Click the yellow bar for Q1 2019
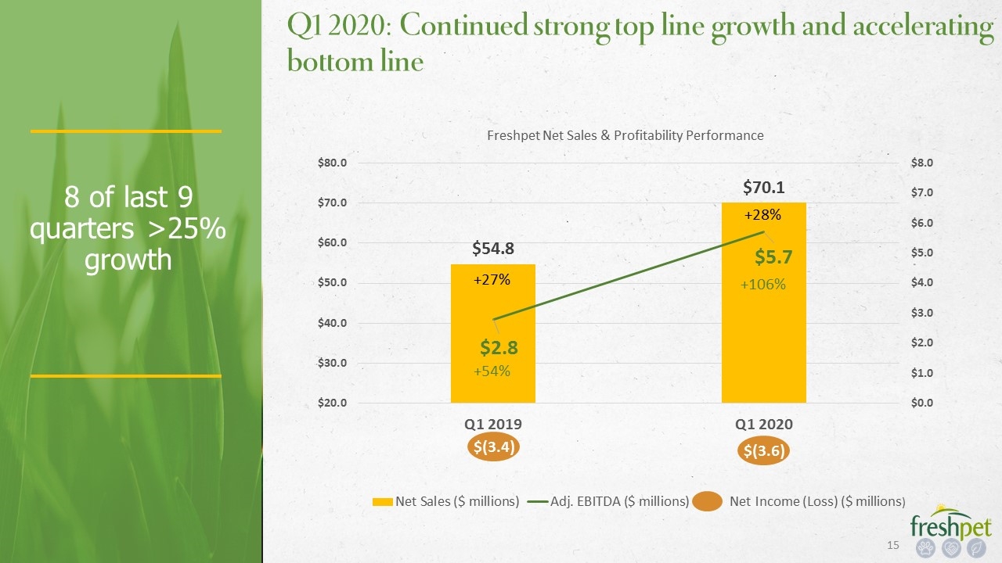coord(492,333)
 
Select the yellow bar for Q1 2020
coord(763,303)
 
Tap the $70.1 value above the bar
coord(763,188)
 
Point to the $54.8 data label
coord(493,249)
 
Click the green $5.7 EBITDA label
coord(773,257)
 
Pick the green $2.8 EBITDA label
coord(499,348)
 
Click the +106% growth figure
coord(762,285)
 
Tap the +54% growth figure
coord(492,371)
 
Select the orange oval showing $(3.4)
coord(493,446)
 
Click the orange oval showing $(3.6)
coord(763,451)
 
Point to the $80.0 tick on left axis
coord(332,163)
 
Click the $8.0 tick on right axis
coord(922,163)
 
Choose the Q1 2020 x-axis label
coord(763,424)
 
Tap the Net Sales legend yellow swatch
coord(383,502)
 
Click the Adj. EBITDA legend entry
coord(608,502)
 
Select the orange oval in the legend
coord(707,501)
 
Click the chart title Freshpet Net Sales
coord(625,135)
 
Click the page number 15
coord(893,545)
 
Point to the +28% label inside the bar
coord(762,215)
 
